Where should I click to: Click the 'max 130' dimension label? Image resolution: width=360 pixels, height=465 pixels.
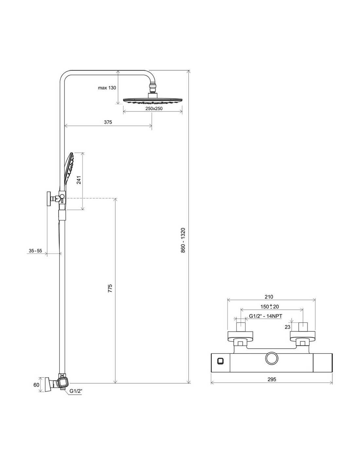(x=107, y=88)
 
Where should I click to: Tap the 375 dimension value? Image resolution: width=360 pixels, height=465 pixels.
(x=108, y=122)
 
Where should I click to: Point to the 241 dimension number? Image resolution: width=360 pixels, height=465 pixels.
(x=79, y=180)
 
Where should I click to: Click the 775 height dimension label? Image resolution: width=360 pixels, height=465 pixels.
(x=110, y=288)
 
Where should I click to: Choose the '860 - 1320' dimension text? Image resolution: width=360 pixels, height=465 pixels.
(x=183, y=240)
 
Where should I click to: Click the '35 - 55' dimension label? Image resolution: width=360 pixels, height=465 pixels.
(x=35, y=250)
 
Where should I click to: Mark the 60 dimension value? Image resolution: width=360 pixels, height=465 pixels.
(x=36, y=385)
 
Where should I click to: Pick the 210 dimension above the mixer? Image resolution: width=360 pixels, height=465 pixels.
(x=269, y=297)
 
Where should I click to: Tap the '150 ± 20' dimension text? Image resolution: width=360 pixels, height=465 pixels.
(x=269, y=306)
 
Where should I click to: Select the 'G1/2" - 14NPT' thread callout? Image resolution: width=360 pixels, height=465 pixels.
(x=265, y=316)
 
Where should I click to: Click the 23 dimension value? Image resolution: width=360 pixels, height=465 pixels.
(x=287, y=327)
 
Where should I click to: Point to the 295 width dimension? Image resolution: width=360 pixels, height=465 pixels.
(x=272, y=379)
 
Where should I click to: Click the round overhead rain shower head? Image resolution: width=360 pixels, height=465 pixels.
(x=153, y=100)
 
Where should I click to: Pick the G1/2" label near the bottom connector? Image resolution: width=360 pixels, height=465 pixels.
(x=76, y=391)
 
